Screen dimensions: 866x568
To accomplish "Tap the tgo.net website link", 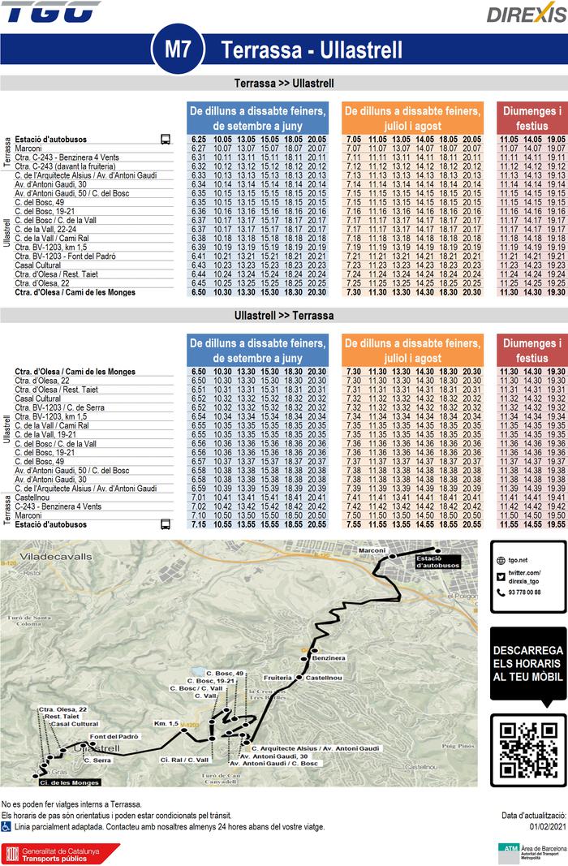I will tap(517, 560).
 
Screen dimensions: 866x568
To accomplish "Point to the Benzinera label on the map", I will tap(329, 657).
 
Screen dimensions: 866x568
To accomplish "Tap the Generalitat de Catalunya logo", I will tap(61, 852).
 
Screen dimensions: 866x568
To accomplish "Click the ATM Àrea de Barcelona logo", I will tap(531, 851).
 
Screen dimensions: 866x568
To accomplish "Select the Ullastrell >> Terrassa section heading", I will tap(284, 315).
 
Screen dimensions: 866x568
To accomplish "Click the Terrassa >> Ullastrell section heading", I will tap(284, 84).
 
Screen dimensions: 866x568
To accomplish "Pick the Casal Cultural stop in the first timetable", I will tap(38, 265).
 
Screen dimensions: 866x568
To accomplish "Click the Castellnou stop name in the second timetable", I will tap(32, 498).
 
